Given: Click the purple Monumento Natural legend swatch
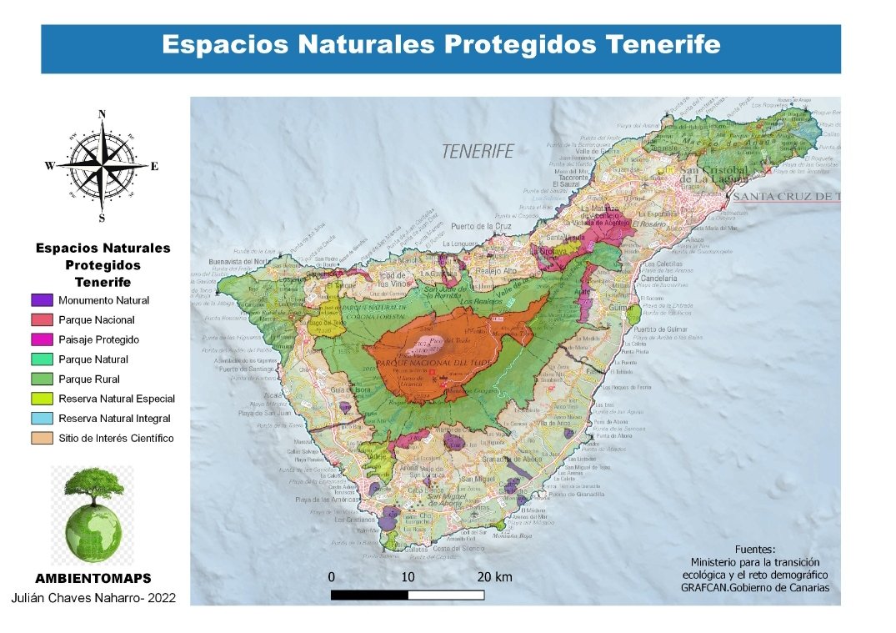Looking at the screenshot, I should point(42,300).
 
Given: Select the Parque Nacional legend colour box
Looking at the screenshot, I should point(42,320).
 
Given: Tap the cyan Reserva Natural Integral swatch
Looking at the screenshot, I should point(42,419).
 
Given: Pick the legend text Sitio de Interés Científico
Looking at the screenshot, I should point(116,439).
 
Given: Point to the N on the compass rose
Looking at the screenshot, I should point(102,115).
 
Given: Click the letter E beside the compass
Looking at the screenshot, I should point(154,166).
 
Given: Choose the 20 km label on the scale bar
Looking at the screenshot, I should point(494,577).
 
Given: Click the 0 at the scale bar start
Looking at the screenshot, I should point(332,577).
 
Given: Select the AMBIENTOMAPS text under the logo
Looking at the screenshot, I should point(93,578).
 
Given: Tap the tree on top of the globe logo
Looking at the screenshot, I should point(93,485).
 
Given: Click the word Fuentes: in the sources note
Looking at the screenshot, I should point(755,550).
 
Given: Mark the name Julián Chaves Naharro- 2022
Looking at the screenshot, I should point(93,598).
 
